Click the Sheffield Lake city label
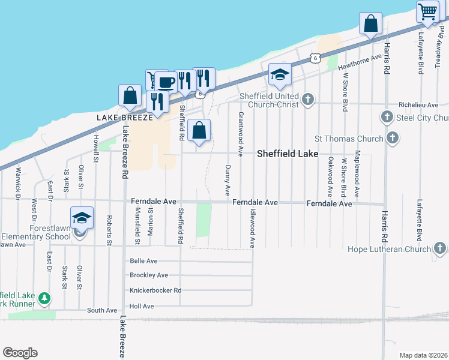tap(288, 154)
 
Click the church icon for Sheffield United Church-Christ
tap(308, 99)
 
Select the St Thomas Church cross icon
tap(392, 139)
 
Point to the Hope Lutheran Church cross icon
tap(440, 248)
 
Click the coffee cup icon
tap(166, 82)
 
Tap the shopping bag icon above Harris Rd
tap(371, 23)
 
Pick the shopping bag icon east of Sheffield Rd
tap(199, 130)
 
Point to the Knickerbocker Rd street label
tap(155, 290)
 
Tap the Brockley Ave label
tap(149, 275)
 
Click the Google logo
tap(20, 353)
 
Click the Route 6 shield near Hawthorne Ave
tap(315, 58)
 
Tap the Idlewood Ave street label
tap(252, 228)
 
